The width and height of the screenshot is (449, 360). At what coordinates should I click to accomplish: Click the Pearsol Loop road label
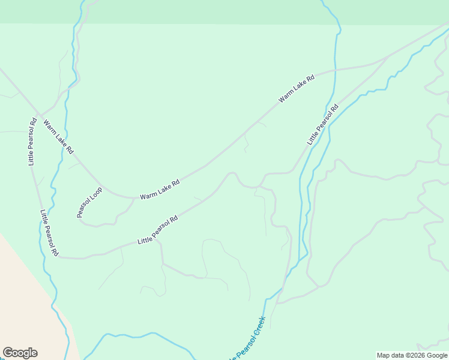click(x=89, y=202)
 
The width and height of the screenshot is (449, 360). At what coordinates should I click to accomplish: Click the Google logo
click(x=20, y=353)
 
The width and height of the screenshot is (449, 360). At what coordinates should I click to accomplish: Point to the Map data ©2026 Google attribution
click(x=412, y=355)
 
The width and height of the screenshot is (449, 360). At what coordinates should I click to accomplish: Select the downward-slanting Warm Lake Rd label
click(x=58, y=137)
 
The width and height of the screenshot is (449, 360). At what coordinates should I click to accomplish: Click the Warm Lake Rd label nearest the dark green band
click(x=297, y=88)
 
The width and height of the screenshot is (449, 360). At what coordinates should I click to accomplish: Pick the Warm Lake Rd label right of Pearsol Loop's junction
click(x=160, y=189)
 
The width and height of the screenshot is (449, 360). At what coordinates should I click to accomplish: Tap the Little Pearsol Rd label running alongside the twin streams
click(x=323, y=124)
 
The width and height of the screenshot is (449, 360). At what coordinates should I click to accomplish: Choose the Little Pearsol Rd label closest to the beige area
click(x=49, y=233)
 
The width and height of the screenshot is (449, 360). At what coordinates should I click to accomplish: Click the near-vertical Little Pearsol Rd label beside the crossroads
click(x=32, y=142)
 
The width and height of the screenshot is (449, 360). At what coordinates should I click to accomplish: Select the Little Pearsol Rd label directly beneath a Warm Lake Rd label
click(x=158, y=229)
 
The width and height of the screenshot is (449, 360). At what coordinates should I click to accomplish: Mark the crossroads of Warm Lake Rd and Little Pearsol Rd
click(x=38, y=113)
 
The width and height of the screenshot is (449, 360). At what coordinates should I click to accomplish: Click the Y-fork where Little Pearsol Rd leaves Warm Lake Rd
click(x=384, y=59)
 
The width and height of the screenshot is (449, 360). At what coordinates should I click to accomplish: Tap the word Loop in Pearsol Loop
click(x=96, y=193)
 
